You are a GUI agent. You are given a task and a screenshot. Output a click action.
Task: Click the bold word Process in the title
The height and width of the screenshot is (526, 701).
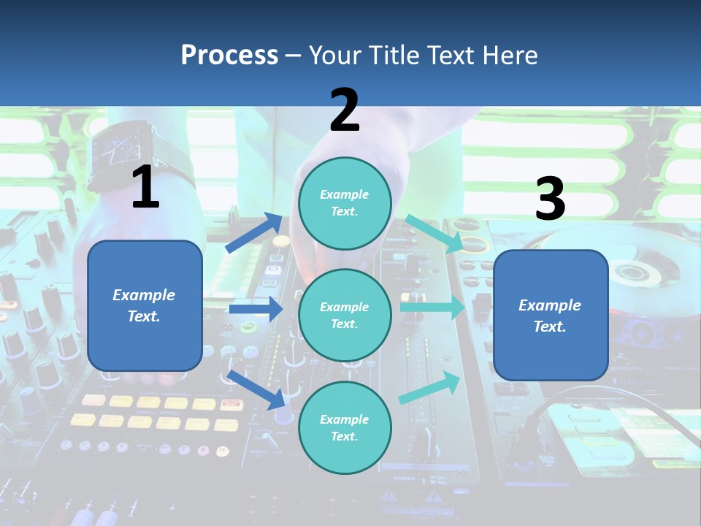229,55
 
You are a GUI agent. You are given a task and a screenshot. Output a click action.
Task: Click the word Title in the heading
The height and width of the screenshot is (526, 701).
394,55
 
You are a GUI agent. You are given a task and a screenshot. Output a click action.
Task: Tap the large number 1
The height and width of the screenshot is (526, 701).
145,187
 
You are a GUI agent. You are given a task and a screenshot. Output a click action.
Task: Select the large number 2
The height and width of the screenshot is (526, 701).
345,110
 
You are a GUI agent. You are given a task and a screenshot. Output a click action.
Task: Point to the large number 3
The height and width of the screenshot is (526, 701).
550,199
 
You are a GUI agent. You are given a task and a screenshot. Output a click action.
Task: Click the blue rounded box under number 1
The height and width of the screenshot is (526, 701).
145,305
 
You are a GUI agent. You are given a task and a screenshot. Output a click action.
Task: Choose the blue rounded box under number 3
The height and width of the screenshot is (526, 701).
551,315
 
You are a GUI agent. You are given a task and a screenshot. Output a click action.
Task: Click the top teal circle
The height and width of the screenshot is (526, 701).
345,203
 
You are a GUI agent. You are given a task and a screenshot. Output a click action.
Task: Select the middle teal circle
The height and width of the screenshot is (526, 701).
345,315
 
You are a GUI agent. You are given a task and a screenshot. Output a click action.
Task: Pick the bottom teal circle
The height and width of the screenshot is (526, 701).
345,427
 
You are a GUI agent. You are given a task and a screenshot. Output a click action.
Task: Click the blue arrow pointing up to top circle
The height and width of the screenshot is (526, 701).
255,232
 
